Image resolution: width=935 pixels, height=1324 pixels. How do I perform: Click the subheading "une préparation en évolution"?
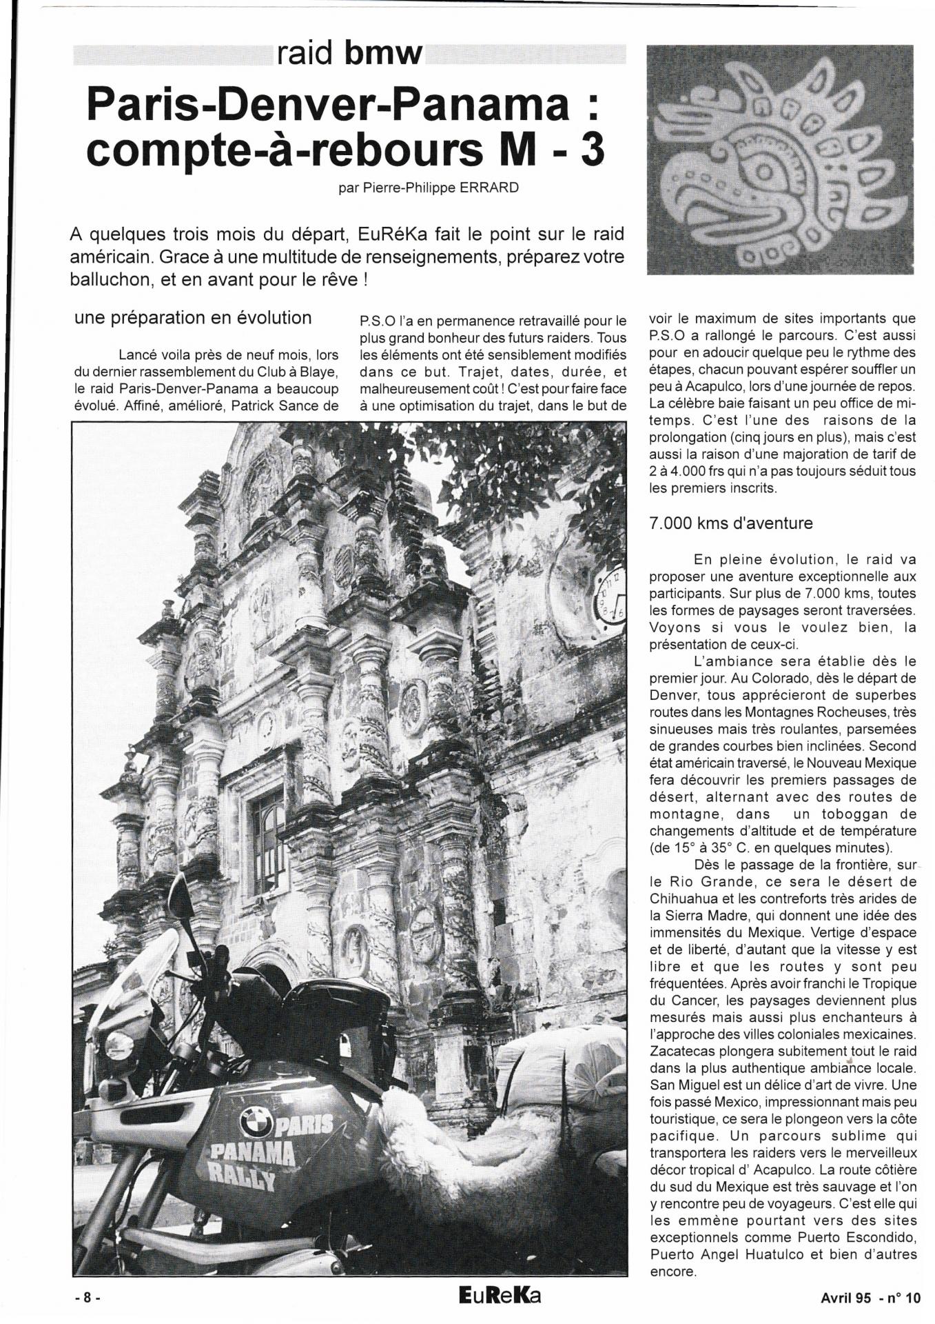click(193, 318)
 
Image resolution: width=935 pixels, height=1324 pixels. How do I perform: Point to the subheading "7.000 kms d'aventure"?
click(730, 523)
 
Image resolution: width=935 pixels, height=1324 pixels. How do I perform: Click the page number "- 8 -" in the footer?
click(88, 1297)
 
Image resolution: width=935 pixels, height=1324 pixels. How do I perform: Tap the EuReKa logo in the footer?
click(500, 1295)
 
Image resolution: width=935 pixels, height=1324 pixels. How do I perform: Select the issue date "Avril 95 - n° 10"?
click(870, 1298)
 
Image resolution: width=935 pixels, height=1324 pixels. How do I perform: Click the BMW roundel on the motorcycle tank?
click(256, 1123)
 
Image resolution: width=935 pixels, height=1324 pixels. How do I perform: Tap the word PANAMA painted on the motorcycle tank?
click(252, 1154)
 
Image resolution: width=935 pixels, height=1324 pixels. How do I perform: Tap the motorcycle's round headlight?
click(119, 1046)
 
